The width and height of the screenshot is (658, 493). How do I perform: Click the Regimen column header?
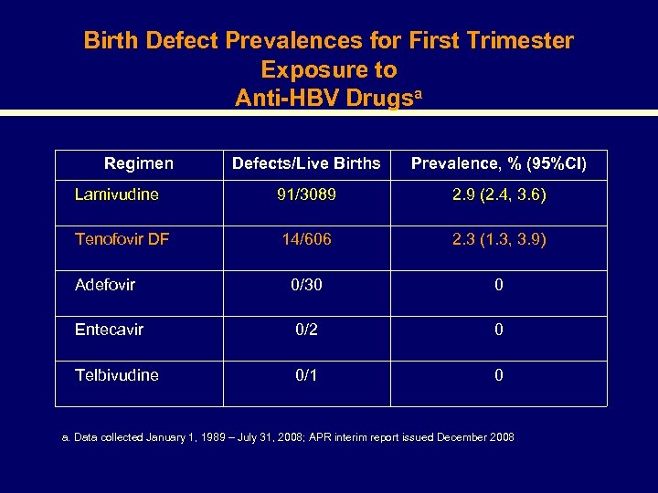pos(138,163)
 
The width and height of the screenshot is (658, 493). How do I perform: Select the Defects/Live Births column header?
pos(306,163)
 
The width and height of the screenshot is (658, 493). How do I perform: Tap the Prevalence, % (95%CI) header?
pos(499,163)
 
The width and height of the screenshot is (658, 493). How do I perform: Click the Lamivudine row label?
pos(116,194)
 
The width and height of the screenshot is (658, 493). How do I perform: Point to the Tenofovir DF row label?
pos(122,239)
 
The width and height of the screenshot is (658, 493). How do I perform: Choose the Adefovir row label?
pos(105,285)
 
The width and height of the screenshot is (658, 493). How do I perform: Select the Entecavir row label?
pos(109,330)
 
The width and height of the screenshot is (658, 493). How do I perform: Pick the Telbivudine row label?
pos(117,375)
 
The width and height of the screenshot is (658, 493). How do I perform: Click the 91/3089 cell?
pos(306,194)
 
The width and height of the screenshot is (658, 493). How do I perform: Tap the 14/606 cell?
pos(306,239)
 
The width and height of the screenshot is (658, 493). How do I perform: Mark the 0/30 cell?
pos(306,285)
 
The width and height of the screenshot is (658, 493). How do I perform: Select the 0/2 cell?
pos(306,330)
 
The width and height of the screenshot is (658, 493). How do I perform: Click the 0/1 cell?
pos(306,375)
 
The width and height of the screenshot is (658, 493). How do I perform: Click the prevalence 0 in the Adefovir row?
pos(499,285)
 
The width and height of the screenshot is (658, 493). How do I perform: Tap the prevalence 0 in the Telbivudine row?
pos(499,375)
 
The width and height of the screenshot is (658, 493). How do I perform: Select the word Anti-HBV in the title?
pos(286,98)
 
